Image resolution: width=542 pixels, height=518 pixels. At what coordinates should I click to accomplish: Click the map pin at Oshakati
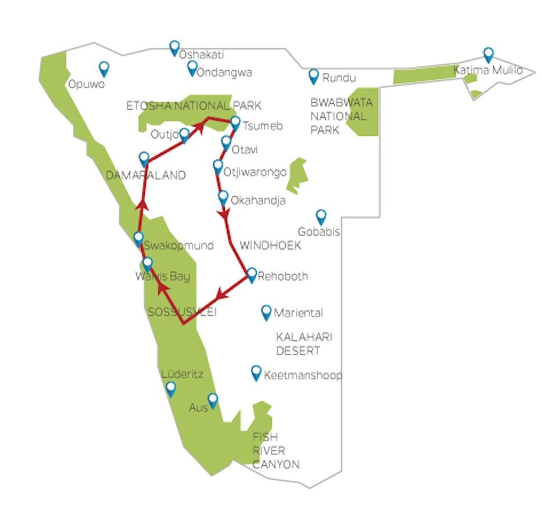pos(174,48)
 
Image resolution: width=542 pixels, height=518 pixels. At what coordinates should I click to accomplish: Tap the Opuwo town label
pos(86,84)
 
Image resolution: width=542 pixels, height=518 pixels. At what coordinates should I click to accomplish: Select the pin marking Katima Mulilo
pos(488,55)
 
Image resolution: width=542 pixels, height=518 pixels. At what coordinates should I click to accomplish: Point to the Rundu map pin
pos(314,77)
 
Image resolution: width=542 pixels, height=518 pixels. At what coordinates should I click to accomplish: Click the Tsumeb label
pos(263,126)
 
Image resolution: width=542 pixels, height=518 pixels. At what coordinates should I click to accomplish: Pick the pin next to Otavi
pos(226,143)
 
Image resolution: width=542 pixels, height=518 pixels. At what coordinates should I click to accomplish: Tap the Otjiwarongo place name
pos(255,172)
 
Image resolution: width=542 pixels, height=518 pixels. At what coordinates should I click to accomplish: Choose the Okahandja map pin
pos(223,198)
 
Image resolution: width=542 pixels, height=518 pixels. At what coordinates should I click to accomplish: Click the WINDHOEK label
pos(270,245)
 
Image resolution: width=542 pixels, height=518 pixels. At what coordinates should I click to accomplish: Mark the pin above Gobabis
pos(321,218)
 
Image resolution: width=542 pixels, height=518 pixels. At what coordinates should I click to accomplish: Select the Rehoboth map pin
pos(252,276)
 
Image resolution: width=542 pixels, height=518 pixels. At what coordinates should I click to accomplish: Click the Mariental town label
pos(299,313)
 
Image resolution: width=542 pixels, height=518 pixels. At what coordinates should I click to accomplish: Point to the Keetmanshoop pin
pos(256,373)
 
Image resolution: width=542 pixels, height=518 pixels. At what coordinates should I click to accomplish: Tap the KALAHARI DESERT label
pos(304,344)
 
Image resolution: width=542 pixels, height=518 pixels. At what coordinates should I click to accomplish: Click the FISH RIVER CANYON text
pos(276,451)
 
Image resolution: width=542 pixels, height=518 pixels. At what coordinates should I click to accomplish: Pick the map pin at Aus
pos(213,401)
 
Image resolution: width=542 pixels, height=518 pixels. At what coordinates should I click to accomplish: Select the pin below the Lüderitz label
pos(171,389)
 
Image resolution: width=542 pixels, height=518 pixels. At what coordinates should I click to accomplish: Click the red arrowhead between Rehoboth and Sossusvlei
pos(221,294)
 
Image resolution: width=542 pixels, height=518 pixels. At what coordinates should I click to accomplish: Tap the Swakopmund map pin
pos(139,240)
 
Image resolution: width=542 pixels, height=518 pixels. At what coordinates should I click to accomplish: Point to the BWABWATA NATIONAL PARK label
pos(341,116)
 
